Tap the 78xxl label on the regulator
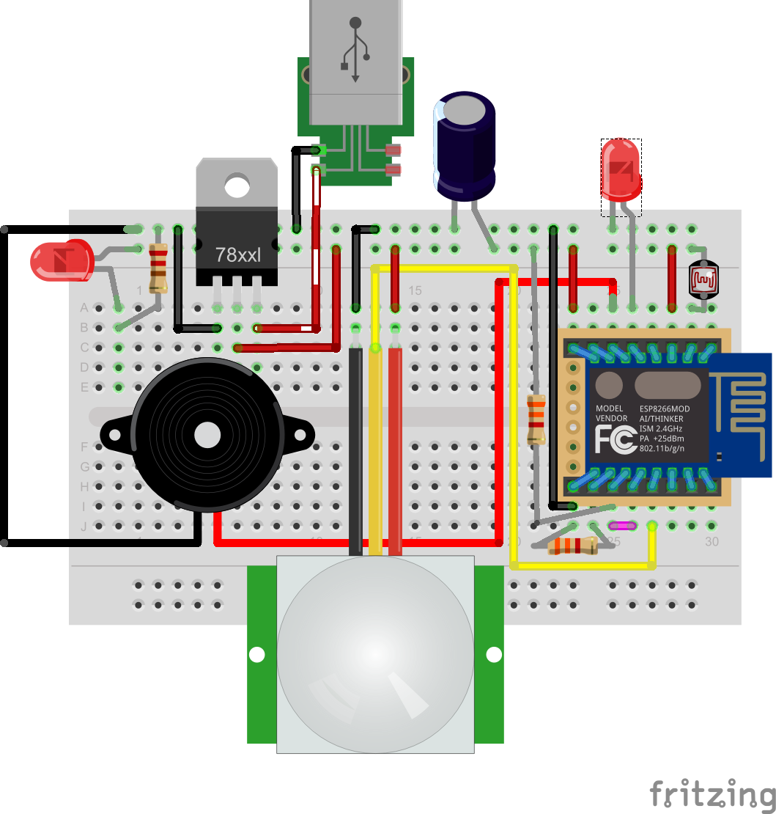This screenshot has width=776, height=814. coord(237,255)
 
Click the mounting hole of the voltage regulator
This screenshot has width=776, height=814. coord(237,186)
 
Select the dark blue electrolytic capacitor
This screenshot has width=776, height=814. coord(465,147)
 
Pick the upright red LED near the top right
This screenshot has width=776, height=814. coord(621,170)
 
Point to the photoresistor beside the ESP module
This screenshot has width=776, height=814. coord(703,279)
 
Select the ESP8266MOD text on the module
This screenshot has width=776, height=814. coord(665,408)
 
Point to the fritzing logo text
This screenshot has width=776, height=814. coord(712,794)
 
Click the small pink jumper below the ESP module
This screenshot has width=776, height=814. coord(622,526)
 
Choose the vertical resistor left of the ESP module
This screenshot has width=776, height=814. coord(537,419)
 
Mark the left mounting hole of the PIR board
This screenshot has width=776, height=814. coord(256,654)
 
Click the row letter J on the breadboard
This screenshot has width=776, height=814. coord(84,526)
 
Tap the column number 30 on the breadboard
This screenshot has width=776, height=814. coord(712,541)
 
